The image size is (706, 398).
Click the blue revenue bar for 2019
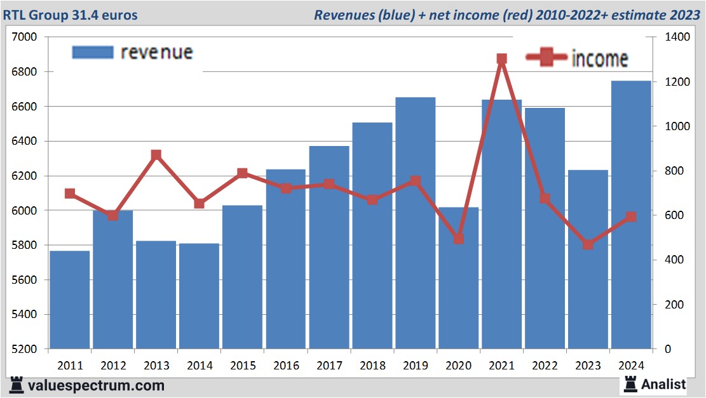pyautogui.click(x=415, y=222)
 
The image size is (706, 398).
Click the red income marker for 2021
pyautogui.click(x=501, y=59)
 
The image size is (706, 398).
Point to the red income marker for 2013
pyautogui.click(x=156, y=155)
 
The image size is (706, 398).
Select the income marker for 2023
pyautogui.click(x=588, y=244)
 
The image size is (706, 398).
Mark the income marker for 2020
pyautogui.click(x=458, y=239)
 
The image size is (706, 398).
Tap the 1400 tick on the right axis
pyautogui.click(x=675, y=37)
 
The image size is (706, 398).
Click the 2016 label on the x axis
pyautogui.click(x=286, y=366)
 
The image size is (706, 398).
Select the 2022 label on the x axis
pyautogui.click(x=545, y=366)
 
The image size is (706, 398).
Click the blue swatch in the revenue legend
pyautogui.click(x=93, y=52)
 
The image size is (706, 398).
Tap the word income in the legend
pyautogui.click(x=600, y=59)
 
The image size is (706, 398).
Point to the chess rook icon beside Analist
pyautogui.click(x=630, y=383)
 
